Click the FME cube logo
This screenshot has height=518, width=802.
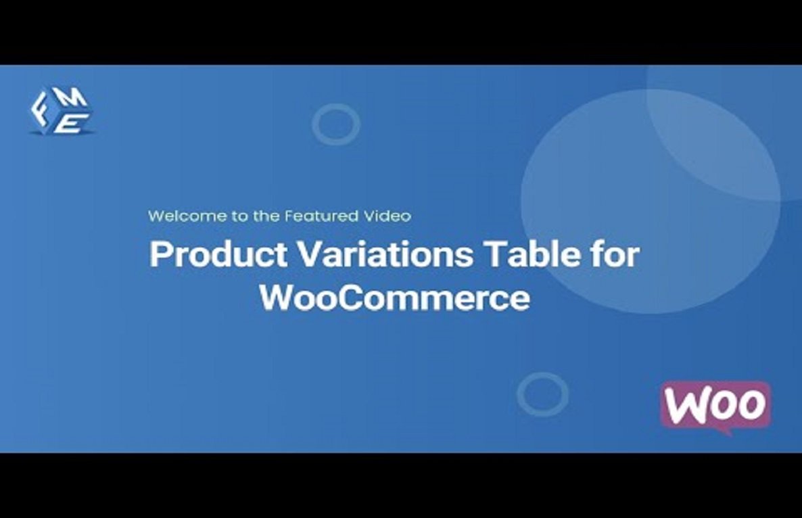point(62,111)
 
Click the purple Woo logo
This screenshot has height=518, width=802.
point(715,406)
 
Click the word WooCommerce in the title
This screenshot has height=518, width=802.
point(395,298)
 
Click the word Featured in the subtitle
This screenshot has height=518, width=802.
point(321,216)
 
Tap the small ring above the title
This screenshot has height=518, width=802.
point(336,124)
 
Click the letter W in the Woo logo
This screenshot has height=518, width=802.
point(688,405)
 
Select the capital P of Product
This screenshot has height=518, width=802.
point(160,255)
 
